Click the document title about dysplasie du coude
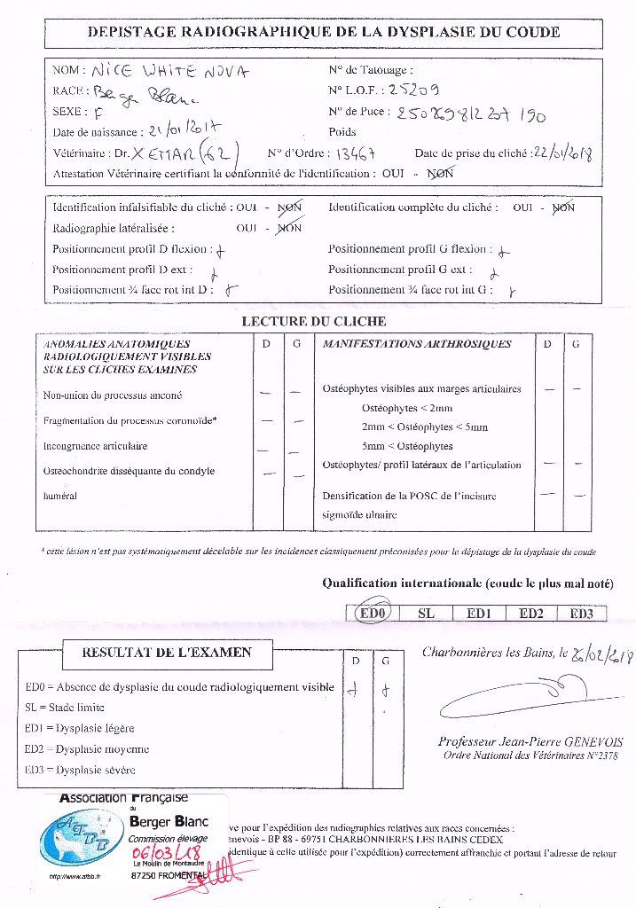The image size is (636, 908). pyautogui.click(x=323, y=32)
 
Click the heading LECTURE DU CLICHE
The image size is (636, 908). pyautogui.click(x=314, y=321)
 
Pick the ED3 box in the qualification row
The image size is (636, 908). pyautogui.click(x=586, y=613)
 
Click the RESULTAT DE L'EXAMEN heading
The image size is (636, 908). pyautogui.click(x=167, y=653)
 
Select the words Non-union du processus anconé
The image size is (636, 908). pyautogui.click(x=113, y=395)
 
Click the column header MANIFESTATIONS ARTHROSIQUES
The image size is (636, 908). pyautogui.click(x=417, y=344)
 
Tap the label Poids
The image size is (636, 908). pyautogui.click(x=342, y=131)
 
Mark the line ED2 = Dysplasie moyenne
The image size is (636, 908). pyautogui.click(x=87, y=748)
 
